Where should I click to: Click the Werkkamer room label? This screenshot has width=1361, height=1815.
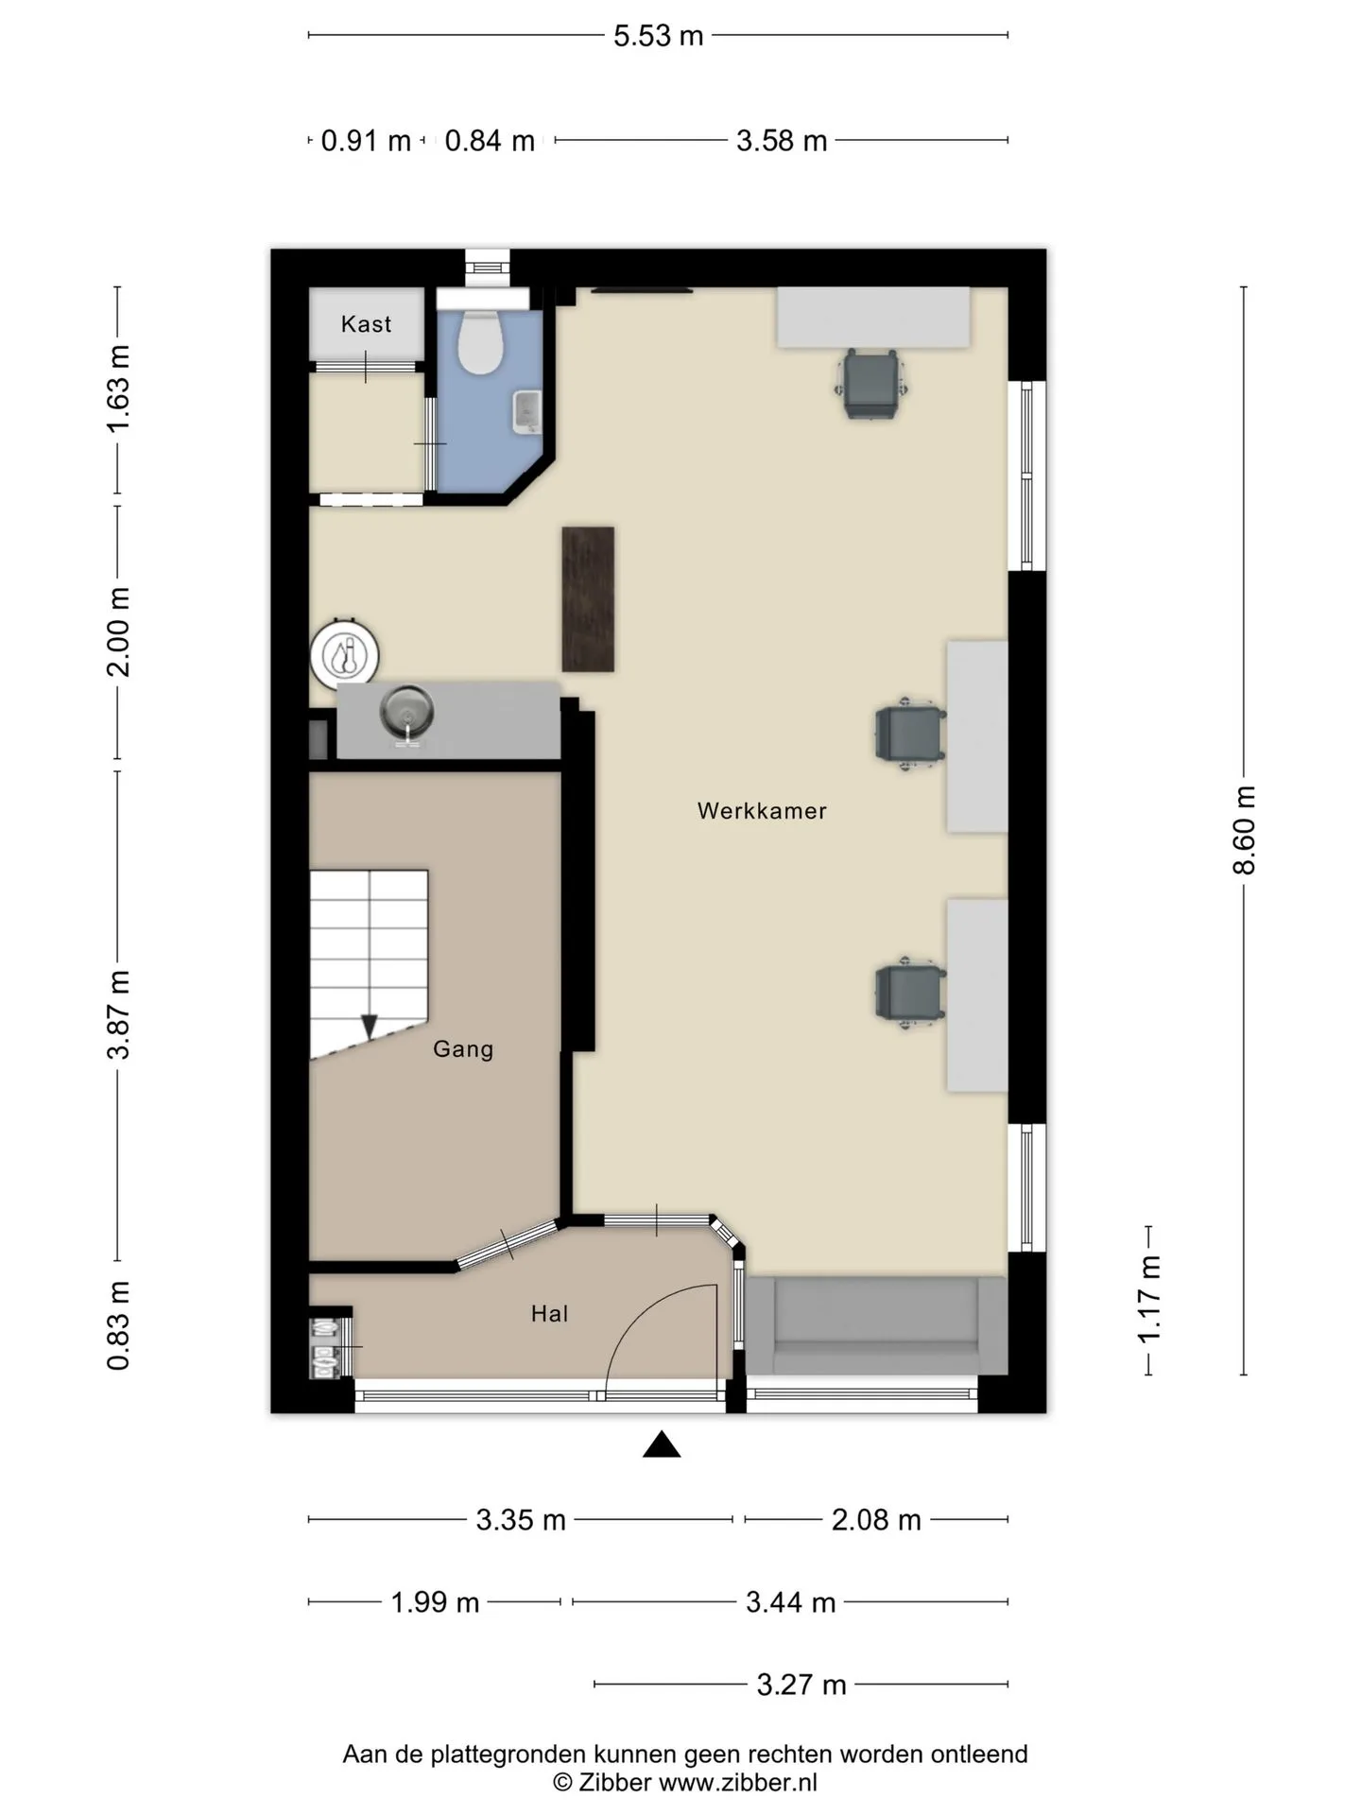coord(762,811)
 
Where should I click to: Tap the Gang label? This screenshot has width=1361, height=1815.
coord(463,1048)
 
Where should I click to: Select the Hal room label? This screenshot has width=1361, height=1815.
coord(549,1313)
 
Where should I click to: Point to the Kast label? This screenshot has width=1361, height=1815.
coord(366,324)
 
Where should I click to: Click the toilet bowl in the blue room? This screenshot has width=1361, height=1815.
coord(480,340)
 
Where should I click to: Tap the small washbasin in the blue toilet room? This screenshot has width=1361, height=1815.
coord(526,412)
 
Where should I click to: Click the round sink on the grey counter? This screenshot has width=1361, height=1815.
coord(407,713)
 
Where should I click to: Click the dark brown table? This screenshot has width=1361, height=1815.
coord(588,599)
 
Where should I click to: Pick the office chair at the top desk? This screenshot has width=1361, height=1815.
coord(871,383)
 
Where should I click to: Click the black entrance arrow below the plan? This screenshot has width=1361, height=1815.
coord(662,1444)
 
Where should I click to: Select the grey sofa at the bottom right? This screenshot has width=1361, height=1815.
coord(876,1325)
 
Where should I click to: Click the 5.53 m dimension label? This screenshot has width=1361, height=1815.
coord(659,36)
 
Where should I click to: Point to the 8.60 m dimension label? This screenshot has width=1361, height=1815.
coord(1244,830)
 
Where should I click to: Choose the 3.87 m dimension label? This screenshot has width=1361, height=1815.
coord(118,1014)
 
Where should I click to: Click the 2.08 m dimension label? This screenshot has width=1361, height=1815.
coord(876,1520)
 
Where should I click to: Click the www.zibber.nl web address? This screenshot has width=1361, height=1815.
coord(737,1783)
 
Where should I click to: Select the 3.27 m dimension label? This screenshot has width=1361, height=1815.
coord(801,1685)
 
